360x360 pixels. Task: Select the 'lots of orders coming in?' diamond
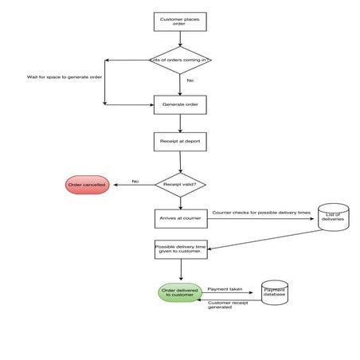pyautogui.click(x=181, y=60)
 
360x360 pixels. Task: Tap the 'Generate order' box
pyautogui.click(x=180, y=104)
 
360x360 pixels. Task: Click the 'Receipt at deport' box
pyautogui.click(x=180, y=142)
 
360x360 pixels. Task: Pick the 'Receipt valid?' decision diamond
pyautogui.click(x=180, y=184)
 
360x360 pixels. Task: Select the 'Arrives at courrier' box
pyautogui.click(x=180, y=217)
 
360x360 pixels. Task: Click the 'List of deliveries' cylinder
pyautogui.click(x=333, y=217)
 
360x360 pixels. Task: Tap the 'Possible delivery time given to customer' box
pyautogui.click(x=180, y=250)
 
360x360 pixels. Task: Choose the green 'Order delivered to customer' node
pyautogui.click(x=179, y=293)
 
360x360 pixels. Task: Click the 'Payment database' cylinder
pyautogui.click(x=274, y=294)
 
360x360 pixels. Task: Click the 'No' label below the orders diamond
pyautogui.click(x=190, y=80)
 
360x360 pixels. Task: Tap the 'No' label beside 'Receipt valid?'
pyautogui.click(x=135, y=181)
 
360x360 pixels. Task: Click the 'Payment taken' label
pyautogui.click(x=224, y=288)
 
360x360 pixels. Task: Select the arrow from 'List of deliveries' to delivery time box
pyautogui.click(x=263, y=240)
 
